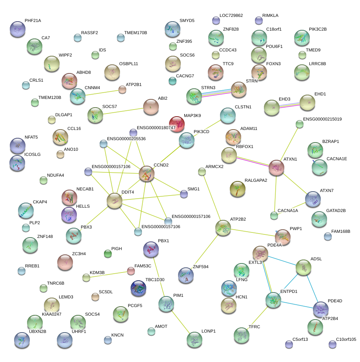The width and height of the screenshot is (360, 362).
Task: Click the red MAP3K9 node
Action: (x=176, y=124)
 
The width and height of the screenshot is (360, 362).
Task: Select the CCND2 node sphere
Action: (x=147, y=174)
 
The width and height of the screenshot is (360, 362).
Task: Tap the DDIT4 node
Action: (x=115, y=201)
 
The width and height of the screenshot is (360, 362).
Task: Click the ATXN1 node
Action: (x=276, y=168)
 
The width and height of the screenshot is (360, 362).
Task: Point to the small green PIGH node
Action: (x=108, y=254)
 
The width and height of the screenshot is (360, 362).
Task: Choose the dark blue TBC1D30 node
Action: (x=138, y=288)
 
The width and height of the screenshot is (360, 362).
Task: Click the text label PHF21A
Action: (x=33, y=20)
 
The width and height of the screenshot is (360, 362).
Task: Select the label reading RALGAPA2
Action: (x=256, y=181)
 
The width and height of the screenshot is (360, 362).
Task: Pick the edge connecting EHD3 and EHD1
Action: (x=289, y=105)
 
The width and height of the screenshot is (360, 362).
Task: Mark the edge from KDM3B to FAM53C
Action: (x=109, y=274)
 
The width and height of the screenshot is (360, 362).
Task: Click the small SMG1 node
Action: (x=184, y=193)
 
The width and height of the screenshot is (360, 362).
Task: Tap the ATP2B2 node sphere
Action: (x=223, y=227)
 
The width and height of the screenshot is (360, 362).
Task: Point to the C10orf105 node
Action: (x=333, y=344)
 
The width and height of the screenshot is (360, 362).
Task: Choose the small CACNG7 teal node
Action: (x=172, y=81)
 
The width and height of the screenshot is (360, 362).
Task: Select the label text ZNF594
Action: (x=200, y=267)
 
